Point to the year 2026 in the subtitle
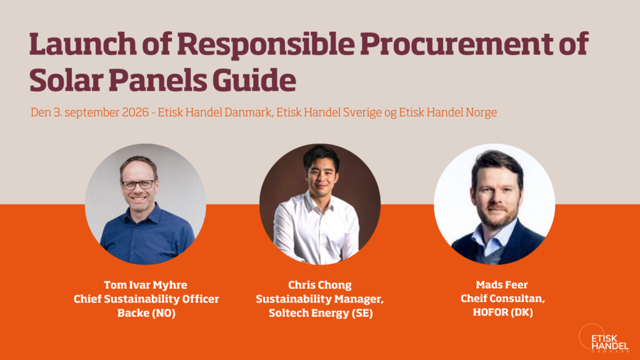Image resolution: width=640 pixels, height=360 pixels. [x=135, y=112]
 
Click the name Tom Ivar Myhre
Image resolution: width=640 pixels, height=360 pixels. [x=145, y=285]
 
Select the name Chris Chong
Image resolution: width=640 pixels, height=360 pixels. [x=320, y=285]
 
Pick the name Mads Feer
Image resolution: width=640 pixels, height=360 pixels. [x=502, y=284]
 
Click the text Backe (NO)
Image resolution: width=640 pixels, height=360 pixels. [x=146, y=313]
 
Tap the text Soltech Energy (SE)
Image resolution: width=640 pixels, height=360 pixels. [x=321, y=313]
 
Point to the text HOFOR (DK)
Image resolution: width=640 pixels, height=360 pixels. [x=502, y=312]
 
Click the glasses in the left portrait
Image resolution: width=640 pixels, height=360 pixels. [x=138, y=184]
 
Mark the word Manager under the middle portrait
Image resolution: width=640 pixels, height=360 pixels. [x=361, y=299]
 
